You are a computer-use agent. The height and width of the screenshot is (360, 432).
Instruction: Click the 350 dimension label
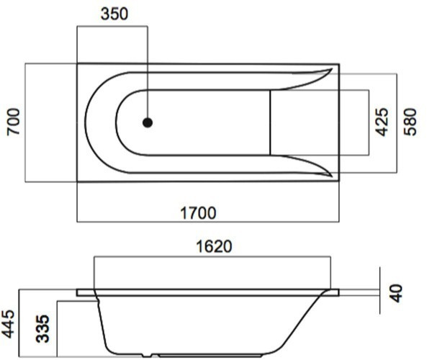pos(114,14)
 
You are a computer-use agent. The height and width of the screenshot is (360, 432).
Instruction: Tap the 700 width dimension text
pos(14,122)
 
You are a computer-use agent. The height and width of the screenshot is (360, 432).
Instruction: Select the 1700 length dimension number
pos(198,213)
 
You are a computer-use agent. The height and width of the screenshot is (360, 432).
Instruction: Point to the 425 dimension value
pos(382,122)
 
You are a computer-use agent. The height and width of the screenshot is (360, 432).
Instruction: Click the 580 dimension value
pos(410,122)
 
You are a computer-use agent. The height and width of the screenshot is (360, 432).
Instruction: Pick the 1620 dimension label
pos(214,246)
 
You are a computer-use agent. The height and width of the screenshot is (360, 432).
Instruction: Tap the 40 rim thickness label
pos(397,293)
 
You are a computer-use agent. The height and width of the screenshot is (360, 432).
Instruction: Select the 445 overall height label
pos(8,324)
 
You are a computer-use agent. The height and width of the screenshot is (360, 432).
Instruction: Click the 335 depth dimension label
pos(42,328)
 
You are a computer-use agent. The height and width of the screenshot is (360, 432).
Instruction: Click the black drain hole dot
pos(148,122)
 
